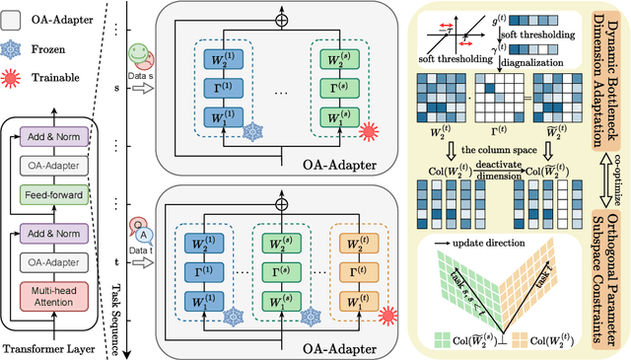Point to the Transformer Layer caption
[52, 346]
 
